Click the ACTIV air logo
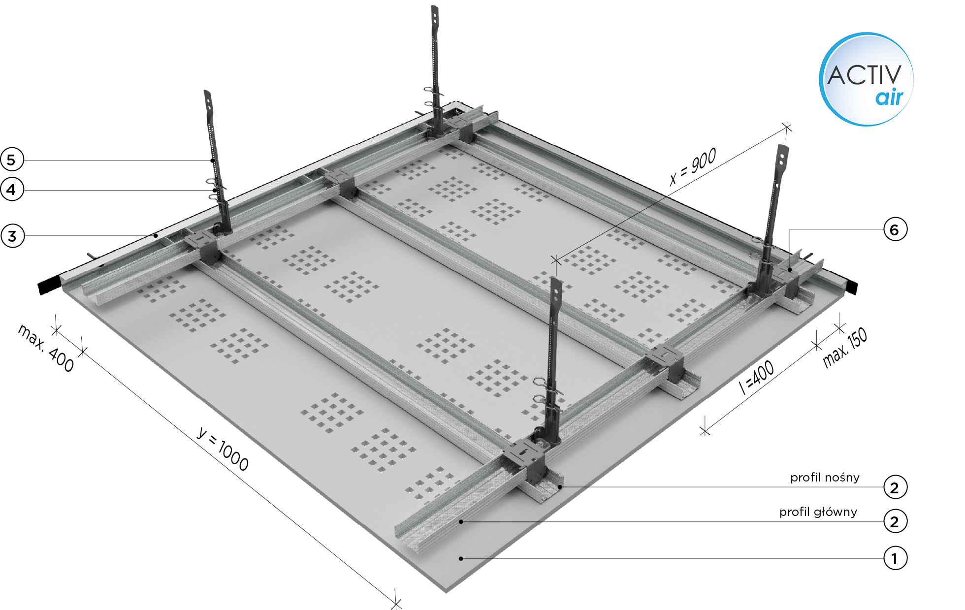866,79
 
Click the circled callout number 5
12,160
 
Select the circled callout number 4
12,190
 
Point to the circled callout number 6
895,229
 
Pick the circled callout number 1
895,558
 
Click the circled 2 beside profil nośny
895,487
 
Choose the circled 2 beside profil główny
895,521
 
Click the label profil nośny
825,478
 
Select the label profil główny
818,512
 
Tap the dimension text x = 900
693,166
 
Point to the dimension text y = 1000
223,449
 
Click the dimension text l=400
757,378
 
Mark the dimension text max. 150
845,348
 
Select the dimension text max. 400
46,348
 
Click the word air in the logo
889,97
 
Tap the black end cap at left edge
49,285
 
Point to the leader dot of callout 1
461,558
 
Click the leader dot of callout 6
789,269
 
